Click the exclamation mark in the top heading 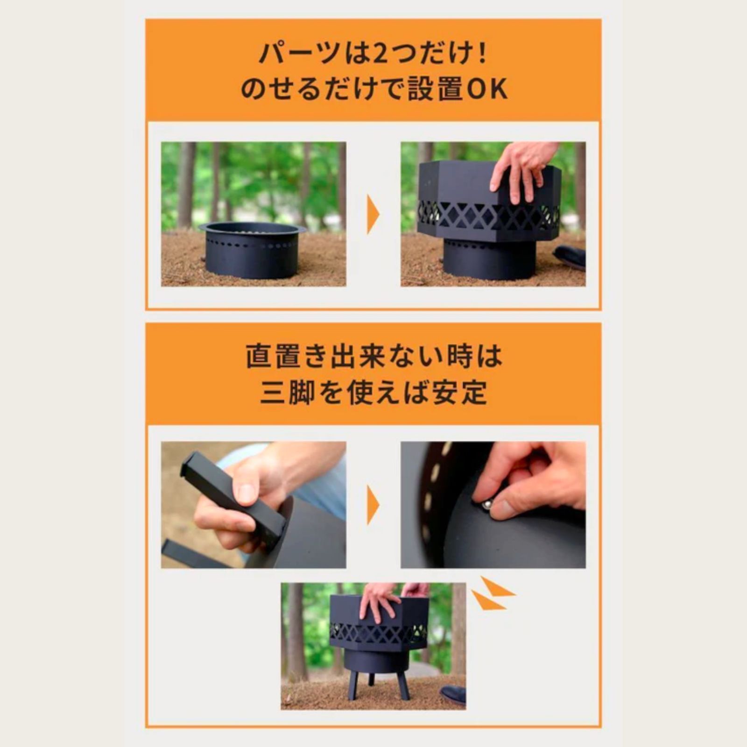[x=482, y=55]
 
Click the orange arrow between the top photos [x=373, y=214]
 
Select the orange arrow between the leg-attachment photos [x=373, y=505]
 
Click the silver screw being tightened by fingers [x=486, y=504]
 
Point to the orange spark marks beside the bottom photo [x=493, y=595]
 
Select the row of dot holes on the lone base [x=253, y=243]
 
